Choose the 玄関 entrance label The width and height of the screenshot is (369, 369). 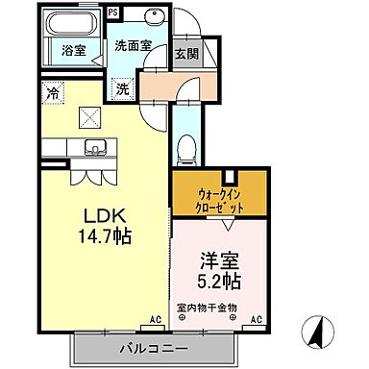pos(186,54)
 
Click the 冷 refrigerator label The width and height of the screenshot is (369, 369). pos(51,93)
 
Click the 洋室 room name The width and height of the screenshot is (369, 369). pos(219,259)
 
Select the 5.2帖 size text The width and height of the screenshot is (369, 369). pos(220,281)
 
